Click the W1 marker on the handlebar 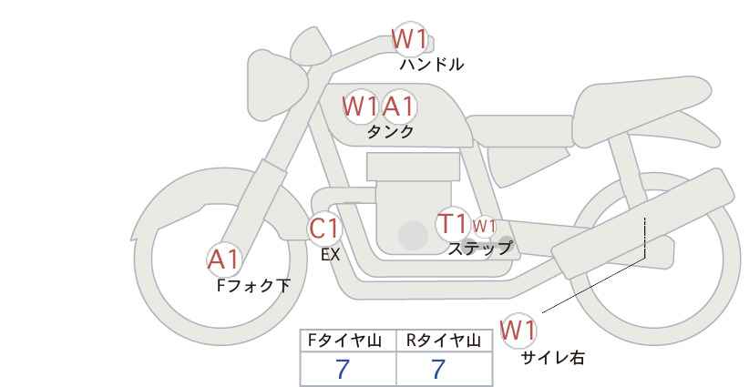pos(409,39)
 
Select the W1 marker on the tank pos(360,107)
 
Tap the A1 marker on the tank pos(399,107)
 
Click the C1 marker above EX pos(324,229)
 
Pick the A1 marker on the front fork pos(223,260)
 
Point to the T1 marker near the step pos(452,223)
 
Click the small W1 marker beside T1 pos(484,226)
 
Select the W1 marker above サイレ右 pos(518,330)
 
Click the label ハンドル pos(432,65)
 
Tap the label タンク pos(390,131)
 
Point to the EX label pos(330,255)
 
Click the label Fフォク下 pos(253,285)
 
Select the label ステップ pos(479,249)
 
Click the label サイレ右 pos(553,357)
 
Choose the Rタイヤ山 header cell pos(445,341)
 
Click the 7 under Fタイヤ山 pos(343,369)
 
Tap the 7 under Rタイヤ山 pos(438,369)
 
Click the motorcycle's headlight pos(277,86)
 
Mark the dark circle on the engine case pos(413,235)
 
